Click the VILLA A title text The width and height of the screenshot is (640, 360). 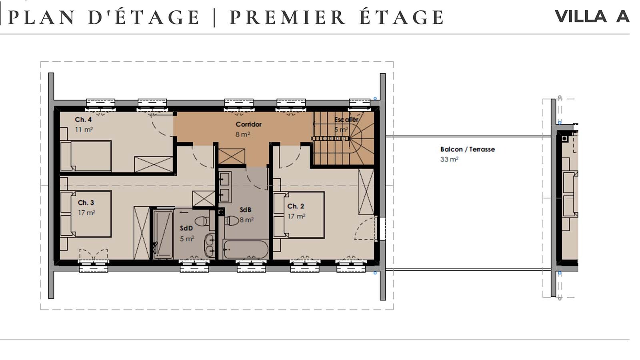592,17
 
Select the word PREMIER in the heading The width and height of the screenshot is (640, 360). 287,18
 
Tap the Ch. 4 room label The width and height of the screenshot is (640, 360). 83,120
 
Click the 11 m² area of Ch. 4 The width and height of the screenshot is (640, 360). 84,130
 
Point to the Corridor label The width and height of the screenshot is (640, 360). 248,124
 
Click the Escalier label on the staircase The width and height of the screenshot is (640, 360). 346,120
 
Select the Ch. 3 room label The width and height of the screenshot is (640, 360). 86,203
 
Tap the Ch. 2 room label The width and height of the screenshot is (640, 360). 296,206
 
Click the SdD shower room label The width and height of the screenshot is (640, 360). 186,228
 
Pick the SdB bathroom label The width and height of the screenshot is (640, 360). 246,210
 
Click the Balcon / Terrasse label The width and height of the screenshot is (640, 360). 467,149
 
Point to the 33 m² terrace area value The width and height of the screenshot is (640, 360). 449,159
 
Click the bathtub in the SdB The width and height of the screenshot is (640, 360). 246,250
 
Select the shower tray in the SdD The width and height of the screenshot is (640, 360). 163,234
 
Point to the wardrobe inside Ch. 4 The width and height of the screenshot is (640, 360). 153,164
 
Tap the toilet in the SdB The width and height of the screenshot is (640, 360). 232,220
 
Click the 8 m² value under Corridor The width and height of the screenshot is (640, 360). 243,134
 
